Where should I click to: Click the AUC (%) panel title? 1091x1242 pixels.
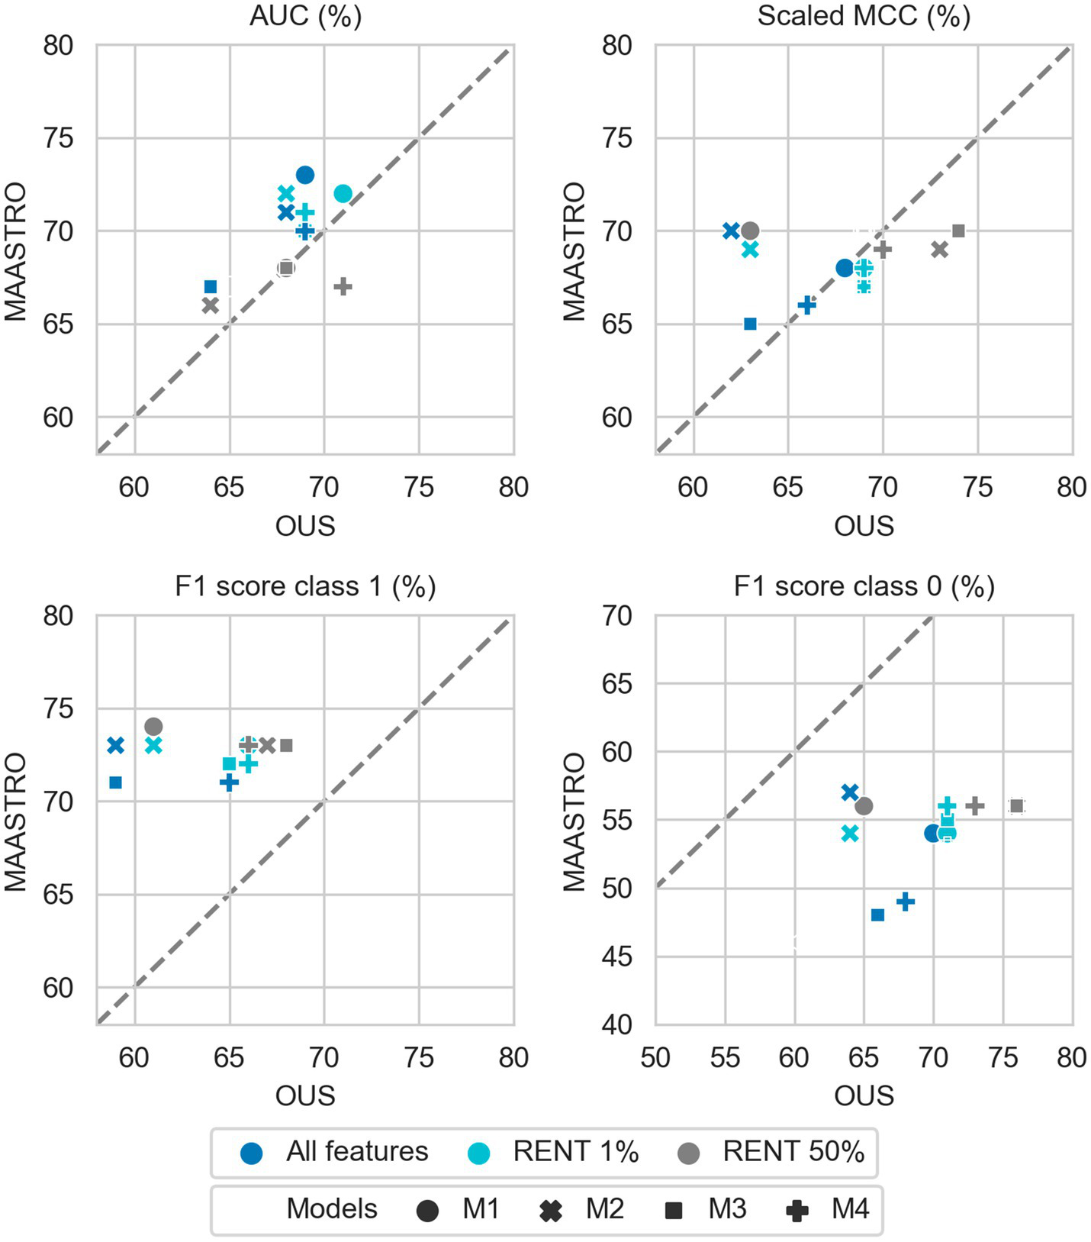(x=305, y=16)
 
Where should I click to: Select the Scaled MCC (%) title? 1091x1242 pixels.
(x=864, y=16)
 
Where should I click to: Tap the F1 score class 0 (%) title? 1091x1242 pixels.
(x=864, y=586)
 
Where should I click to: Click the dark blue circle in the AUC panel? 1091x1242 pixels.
(x=305, y=175)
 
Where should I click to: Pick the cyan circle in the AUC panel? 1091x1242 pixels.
(x=343, y=194)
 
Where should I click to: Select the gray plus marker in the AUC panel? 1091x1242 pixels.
(x=343, y=287)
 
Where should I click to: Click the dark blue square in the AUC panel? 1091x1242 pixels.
(x=211, y=287)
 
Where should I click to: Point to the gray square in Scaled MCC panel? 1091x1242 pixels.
(x=958, y=231)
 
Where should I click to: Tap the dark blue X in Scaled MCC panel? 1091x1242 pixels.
(x=731, y=231)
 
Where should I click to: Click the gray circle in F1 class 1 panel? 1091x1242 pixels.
(x=153, y=727)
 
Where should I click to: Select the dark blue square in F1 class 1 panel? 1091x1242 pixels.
(x=116, y=782)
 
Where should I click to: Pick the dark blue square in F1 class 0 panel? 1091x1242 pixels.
(x=877, y=915)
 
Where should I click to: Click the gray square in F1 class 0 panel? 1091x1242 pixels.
(x=1016, y=806)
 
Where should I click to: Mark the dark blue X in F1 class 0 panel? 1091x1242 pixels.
(x=850, y=792)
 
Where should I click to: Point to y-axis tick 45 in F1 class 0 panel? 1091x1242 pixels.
(x=617, y=957)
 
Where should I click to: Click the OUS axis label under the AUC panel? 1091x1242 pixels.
(x=305, y=526)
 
